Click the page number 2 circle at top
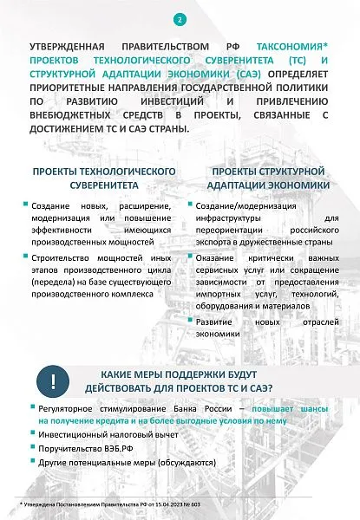pos(180,18)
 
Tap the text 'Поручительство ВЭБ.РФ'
pos(77,449)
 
